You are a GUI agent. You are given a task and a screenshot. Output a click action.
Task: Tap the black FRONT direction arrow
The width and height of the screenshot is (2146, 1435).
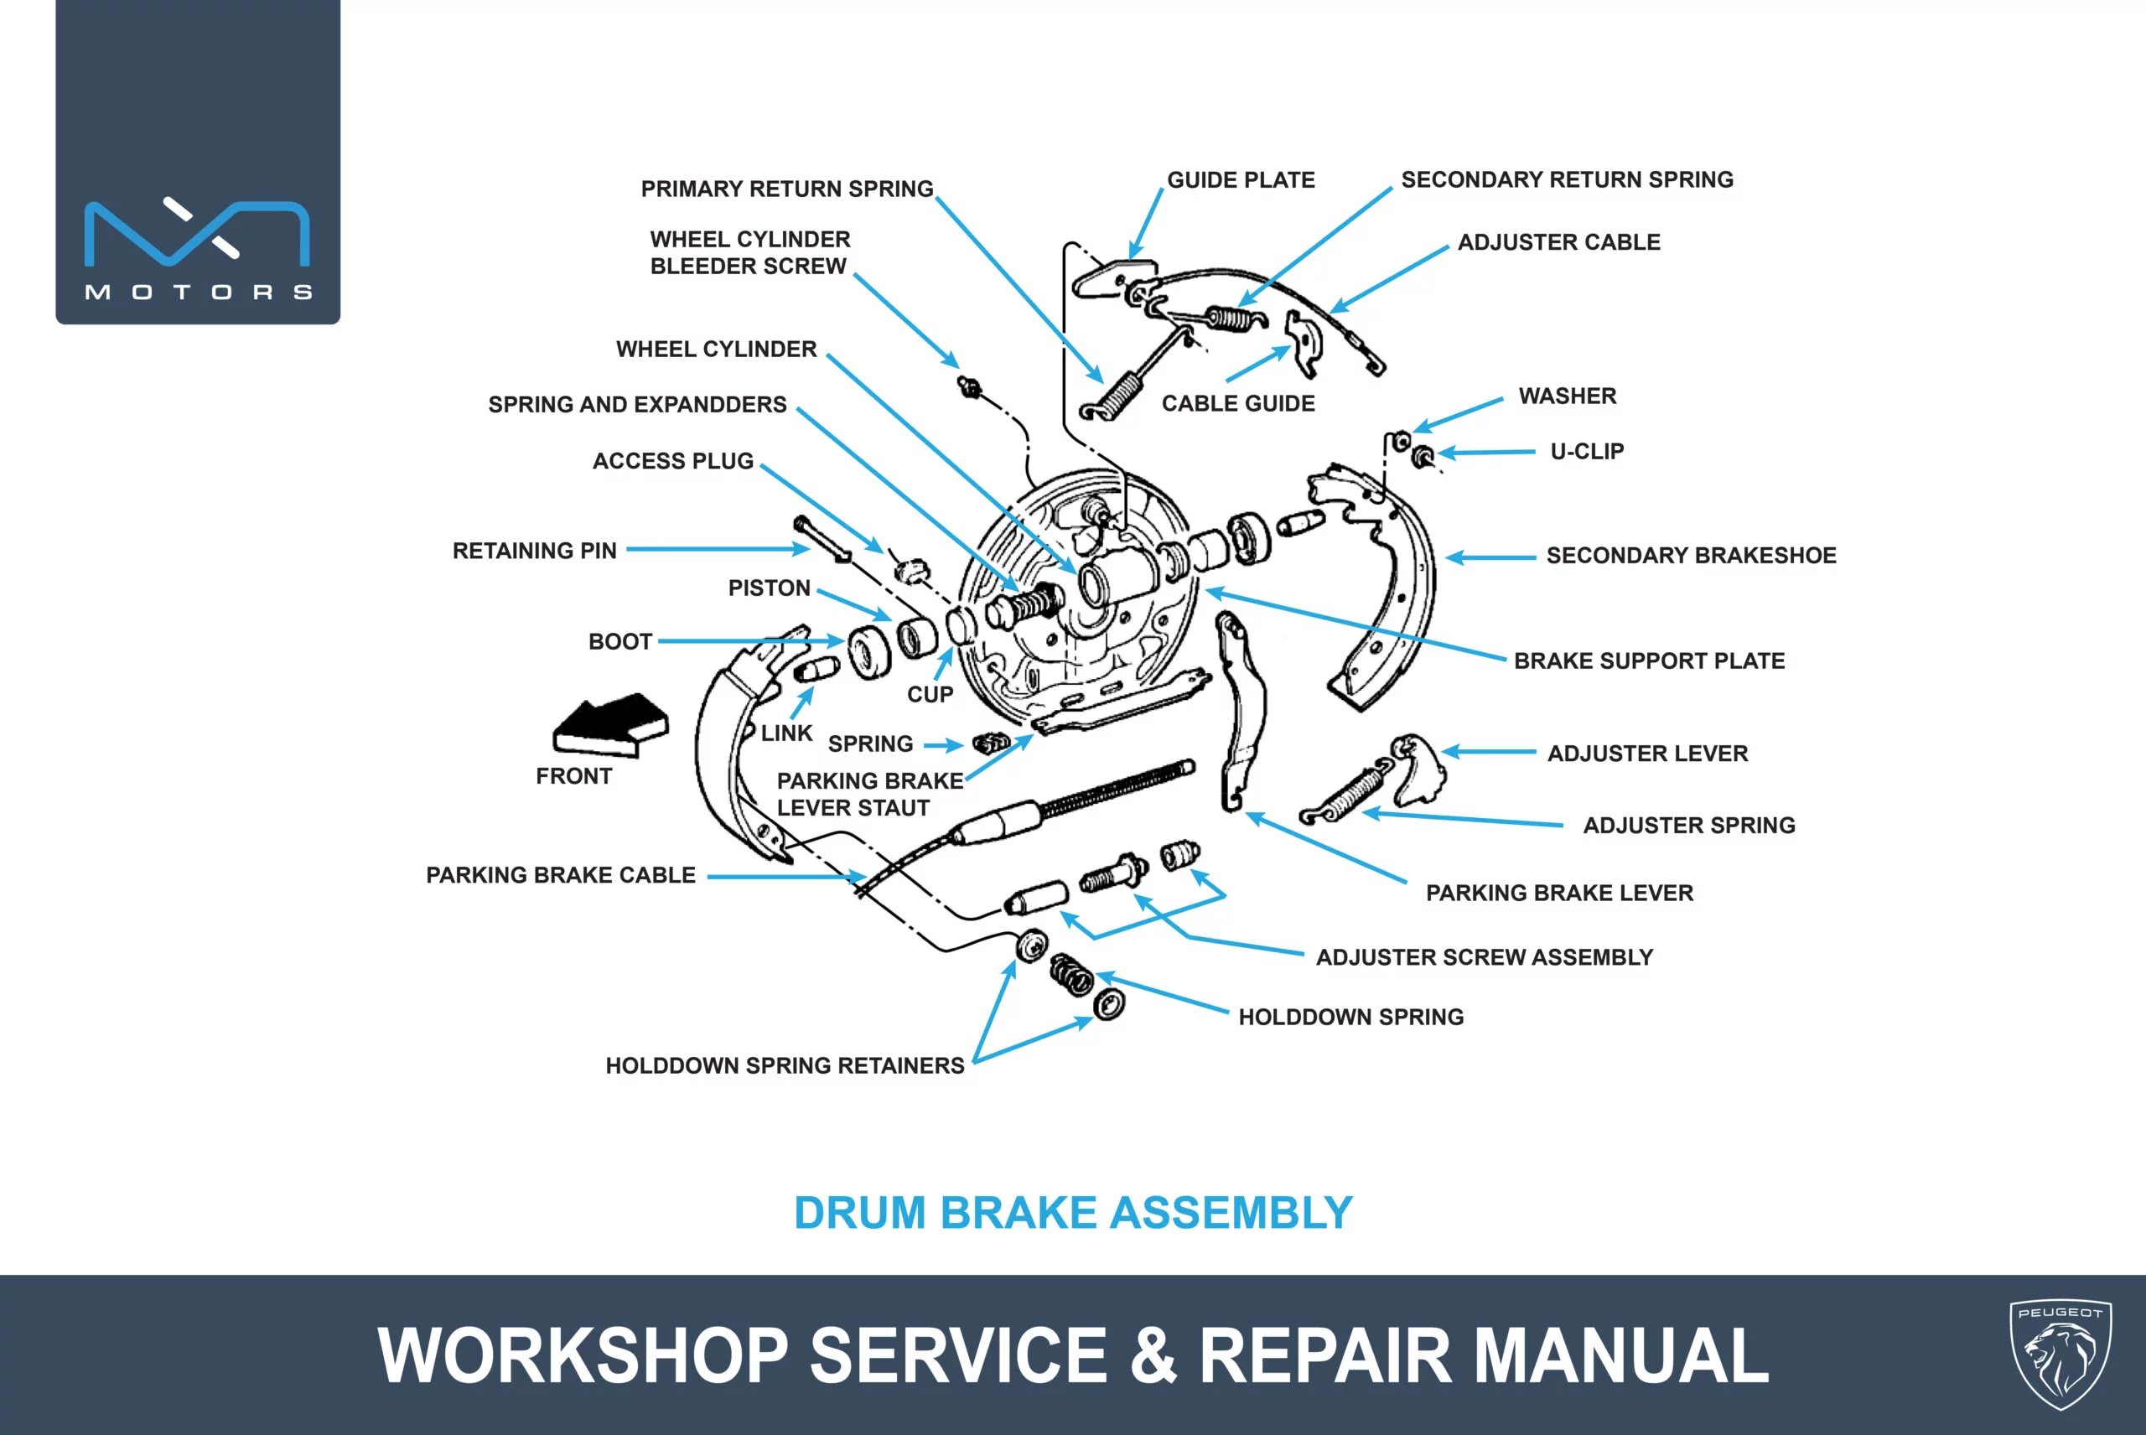[x=611, y=725]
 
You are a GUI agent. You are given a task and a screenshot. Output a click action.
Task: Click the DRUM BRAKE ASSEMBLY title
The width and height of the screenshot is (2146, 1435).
[x=1072, y=1213]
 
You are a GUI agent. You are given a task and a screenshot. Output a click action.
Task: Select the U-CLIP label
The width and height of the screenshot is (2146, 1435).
[x=1587, y=451]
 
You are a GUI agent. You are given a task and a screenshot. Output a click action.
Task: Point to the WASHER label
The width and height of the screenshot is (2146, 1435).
[x=1568, y=396]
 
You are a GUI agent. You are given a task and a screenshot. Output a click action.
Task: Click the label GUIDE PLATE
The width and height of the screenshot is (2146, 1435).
[x=1241, y=179]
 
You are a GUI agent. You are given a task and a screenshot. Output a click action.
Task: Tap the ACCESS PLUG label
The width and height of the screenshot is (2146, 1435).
[x=672, y=460]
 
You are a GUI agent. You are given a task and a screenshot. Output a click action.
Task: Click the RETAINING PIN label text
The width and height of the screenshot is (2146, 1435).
[x=535, y=550]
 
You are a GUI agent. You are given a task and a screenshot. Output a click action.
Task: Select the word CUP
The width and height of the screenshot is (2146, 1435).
[x=930, y=695]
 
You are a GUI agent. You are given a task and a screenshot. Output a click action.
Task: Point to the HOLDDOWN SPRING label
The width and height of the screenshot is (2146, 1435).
[x=1350, y=1017]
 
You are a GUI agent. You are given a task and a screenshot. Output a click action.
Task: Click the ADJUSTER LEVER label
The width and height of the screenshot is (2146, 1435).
[x=1647, y=754]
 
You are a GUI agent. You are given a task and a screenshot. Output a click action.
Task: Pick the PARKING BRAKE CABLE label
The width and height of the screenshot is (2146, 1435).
[x=561, y=875]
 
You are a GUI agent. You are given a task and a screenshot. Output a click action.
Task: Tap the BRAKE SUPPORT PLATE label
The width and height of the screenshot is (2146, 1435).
[x=1649, y=661]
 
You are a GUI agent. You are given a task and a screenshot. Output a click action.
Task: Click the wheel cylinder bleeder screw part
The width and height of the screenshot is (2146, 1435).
[x=969, y=386]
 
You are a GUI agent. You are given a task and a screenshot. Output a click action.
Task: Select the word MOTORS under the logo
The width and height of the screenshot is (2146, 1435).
[x=199, y=292]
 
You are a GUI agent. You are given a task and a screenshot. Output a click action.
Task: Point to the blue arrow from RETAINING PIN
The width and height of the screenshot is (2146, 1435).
[x=718, y=549]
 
